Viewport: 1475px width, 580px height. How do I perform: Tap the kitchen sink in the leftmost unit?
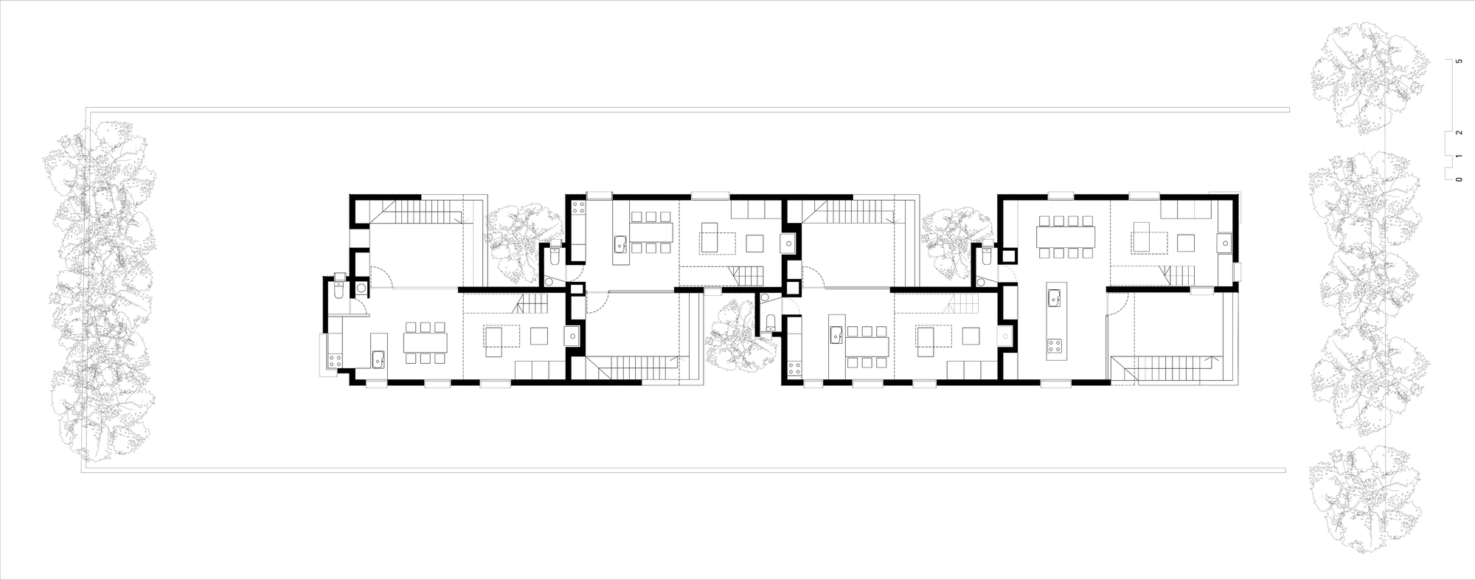378,359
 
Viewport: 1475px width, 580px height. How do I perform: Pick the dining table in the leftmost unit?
425,342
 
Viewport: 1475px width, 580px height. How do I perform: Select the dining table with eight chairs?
1066,237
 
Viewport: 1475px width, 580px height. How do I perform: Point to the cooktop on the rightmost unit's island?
1054,345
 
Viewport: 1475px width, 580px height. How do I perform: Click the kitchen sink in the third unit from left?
836,336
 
